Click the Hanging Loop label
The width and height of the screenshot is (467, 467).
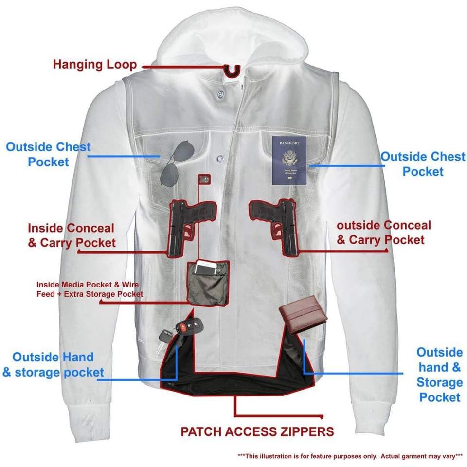(x=95, y=64)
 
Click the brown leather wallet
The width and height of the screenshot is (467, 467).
(x=303, y=319)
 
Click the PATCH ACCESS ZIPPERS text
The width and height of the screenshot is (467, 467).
(x=257, y=431)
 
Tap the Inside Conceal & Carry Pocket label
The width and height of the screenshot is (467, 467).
(x=72, y=235)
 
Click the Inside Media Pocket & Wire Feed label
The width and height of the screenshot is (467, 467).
(x=90, y=289)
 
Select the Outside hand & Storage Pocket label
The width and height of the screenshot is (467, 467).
(x=439, y=375)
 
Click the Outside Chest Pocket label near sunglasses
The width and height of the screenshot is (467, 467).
(x=48, y=154)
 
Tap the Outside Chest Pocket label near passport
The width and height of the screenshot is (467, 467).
(x=423, y=164)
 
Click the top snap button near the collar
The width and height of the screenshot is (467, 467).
(x=220, y=92)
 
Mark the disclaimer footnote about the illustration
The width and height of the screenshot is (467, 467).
(x=350, y=456)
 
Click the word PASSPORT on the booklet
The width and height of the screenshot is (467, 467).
(x=290, y=144)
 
